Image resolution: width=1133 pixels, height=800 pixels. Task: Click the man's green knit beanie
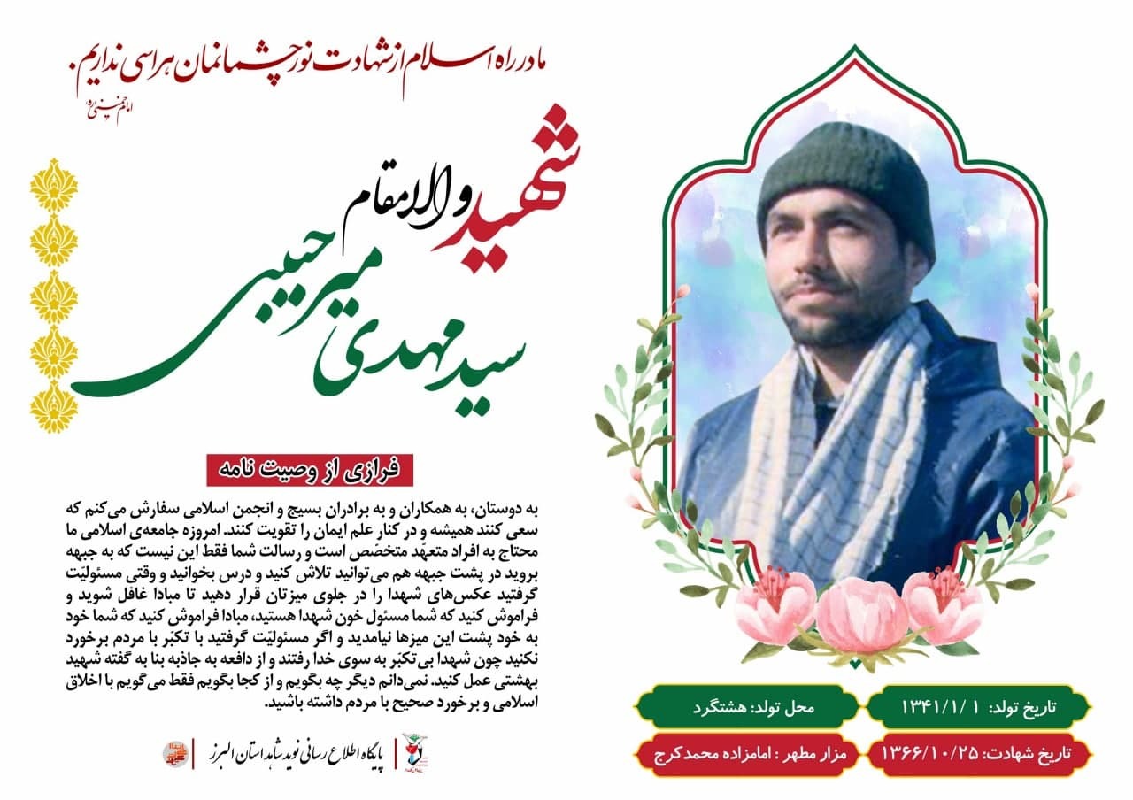pos(845,182)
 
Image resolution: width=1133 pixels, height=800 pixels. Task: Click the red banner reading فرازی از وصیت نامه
pos(310,469)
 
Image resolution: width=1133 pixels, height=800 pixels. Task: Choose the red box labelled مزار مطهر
pos(748,754)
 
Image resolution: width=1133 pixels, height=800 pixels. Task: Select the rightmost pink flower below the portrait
pos(943,606)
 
